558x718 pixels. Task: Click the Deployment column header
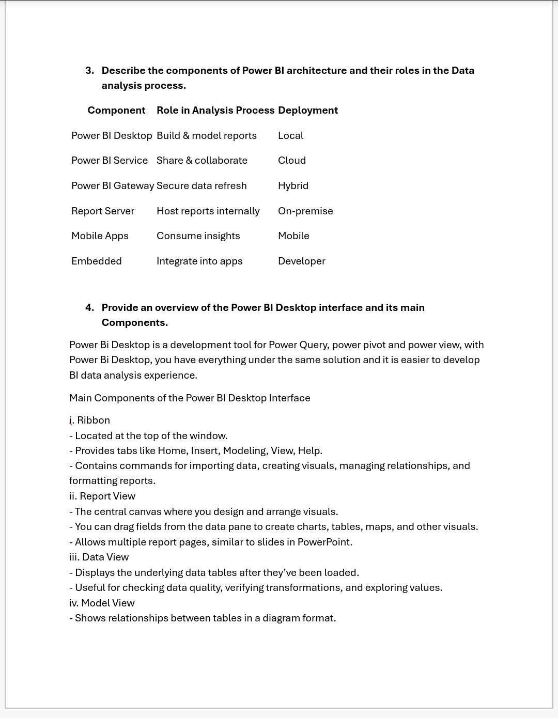coord(308,110)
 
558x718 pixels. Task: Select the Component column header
coord(116,110)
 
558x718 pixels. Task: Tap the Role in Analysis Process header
coord(215,110)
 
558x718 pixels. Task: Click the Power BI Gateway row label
coord(113,185)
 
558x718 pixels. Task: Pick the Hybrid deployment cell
coord(293,185)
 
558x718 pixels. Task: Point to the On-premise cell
coord(305,211)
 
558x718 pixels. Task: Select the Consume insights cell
coord(198,236)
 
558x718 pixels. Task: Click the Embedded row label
coord(97,261)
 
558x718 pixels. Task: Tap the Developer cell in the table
coord(302,261)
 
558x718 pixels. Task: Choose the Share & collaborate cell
coord(202,160)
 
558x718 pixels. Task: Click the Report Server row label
coord(103,211)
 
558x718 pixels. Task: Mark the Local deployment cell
coord(290,135)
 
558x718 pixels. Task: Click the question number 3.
coord(89,70)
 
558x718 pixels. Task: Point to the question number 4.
coord(89,307)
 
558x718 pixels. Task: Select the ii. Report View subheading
coord(102,496)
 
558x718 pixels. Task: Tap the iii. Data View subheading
coord(99,557)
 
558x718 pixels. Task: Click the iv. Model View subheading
coord(102,603)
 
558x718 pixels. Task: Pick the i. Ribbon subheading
coord(90,420)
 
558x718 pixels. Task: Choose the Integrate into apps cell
coord(199,261)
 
